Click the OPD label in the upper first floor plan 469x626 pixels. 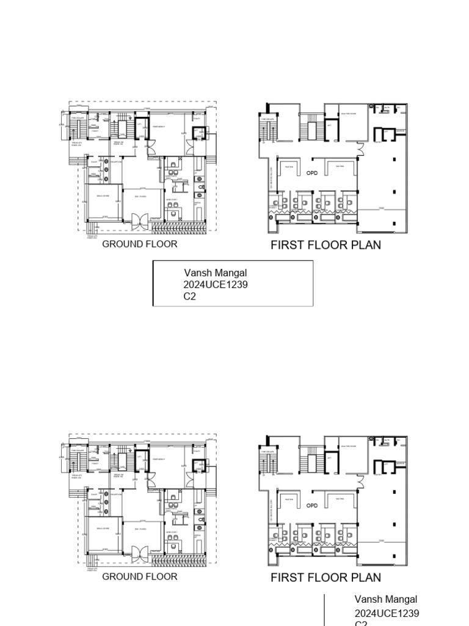click(x=312, y=173)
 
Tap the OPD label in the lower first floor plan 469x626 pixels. click(x=312, y=506)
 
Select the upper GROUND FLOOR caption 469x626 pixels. click(x=139, y=244)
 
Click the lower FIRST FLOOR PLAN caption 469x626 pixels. click(x=325, y=578)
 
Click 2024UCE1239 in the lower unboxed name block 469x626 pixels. click(x=387, y=613)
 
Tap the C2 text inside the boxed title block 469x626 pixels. click(x=190, y=296)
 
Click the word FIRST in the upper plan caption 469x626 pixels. click(x=287, y=245)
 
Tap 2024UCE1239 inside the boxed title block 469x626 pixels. click(x=216, y=285)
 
